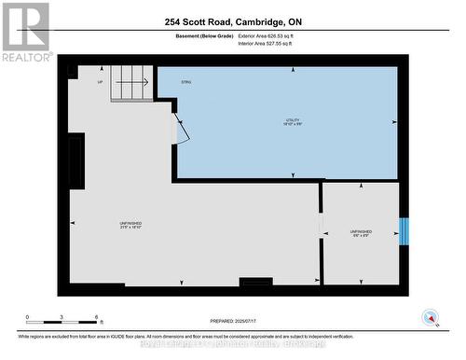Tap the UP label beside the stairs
[100, 82]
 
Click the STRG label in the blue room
[186, 82]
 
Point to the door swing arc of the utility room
[182, 132]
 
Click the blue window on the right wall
[403, 231]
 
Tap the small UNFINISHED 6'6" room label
[361, 233]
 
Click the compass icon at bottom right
[431, 317]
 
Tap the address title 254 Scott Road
[233, 21]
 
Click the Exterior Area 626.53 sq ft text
[271, 35]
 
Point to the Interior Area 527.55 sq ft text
[271, 44]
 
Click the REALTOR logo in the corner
[26, 32]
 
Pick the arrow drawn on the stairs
[136, 81]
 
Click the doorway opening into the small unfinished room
[322, 233]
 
